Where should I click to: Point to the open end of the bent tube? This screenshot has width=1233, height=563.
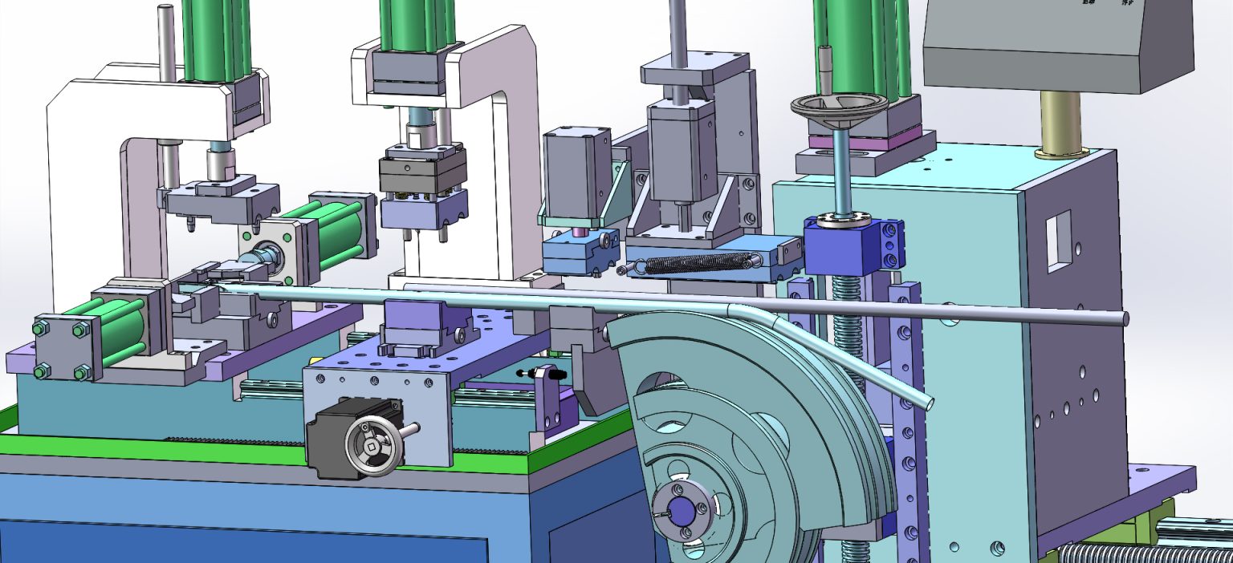929,401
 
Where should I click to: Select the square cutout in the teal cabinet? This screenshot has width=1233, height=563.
1057,238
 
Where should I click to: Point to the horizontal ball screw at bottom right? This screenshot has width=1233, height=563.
1140,553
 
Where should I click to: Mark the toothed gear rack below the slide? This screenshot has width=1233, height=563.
233,439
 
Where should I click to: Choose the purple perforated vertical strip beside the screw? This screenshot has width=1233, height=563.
907,417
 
